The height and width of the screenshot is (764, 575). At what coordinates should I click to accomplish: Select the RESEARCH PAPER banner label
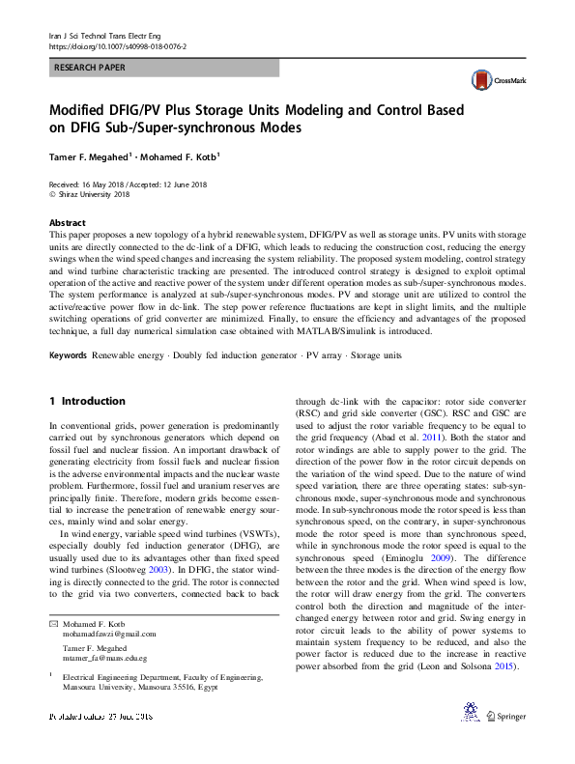point(90,68)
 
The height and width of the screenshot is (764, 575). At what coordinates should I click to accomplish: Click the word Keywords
point(69,356)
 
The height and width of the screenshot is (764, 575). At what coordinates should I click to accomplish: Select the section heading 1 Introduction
point(87,400)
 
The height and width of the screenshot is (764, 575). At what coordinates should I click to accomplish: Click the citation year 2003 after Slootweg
point(205,571)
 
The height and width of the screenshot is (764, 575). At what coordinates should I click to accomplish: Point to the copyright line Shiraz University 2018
point(92,194)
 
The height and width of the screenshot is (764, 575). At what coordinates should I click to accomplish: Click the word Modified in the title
point(82,110)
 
